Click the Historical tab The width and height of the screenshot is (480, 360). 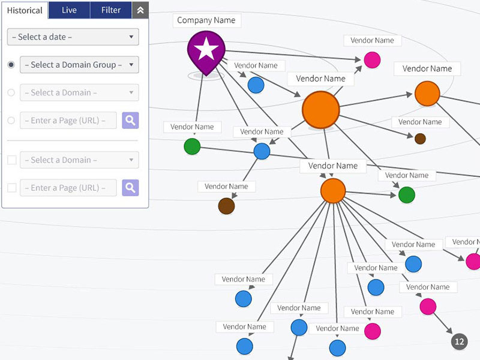(x=25, y=10)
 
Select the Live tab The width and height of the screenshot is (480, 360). (x=69, y=10)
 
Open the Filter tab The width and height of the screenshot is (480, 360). (x=111, y=10)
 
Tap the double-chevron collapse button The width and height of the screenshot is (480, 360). (x=140, y=10)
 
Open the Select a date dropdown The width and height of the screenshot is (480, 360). (x=73, y=37)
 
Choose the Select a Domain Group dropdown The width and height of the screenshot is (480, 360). (x=79, y=65)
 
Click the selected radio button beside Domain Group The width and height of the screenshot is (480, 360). (x=11, y=65)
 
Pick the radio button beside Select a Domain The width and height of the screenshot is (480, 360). (x=11, y=92)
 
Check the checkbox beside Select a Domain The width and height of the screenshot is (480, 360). (x=11, y=160)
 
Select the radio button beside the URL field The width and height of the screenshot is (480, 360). (x=11, y=121)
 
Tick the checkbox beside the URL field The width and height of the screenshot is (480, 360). (x=11, y=188)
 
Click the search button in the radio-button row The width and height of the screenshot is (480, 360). (x=130, y=121)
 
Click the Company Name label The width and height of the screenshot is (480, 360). (x=206, y=20)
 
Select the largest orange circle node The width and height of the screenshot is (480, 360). (x=321, y=110)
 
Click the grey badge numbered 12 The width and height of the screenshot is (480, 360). (x=459, y=342)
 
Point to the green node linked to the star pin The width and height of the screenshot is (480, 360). (x=192, y=146)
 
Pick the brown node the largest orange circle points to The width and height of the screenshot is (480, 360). (x=420, y=139)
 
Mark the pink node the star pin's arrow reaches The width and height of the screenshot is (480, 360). (x=372, y=59)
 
